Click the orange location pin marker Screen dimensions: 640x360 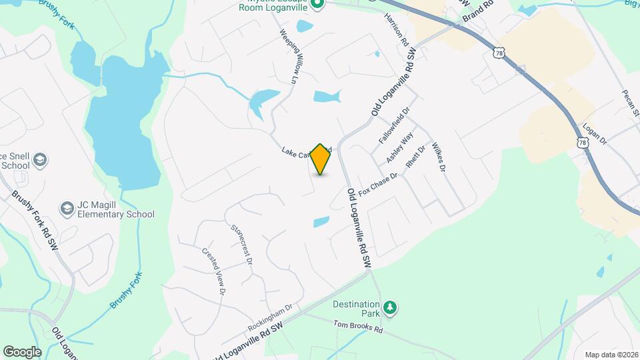pyautogui.click(x=321, y=159)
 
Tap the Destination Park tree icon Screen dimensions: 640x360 pyautogui.click(x=389, y=308)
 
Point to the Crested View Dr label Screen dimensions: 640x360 pyautogui.click(x=213, y=271)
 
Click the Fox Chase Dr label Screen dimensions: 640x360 pyautogui.click(x=378, y=185)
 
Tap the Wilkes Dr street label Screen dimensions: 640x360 pyautogui.click(x=438, y=157)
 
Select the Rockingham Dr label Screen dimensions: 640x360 pyautogui.click(x=270, y=318)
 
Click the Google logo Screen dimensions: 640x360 pyautogui.click(x=22, y=351)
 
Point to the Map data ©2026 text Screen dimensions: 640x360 pyautogui.click(x=611, y=355)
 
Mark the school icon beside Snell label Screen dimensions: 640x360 pyautogui.click(x=40, y=160)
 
